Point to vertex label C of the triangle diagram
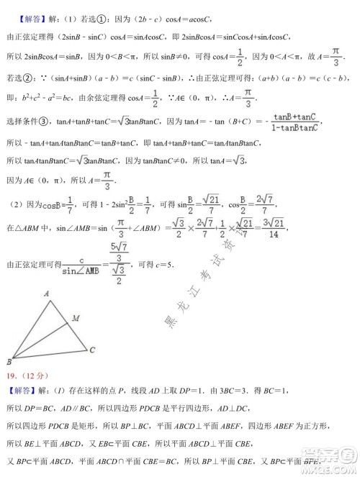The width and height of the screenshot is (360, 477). (x=93, y=350)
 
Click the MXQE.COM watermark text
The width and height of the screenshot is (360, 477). (x=331, y=470)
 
